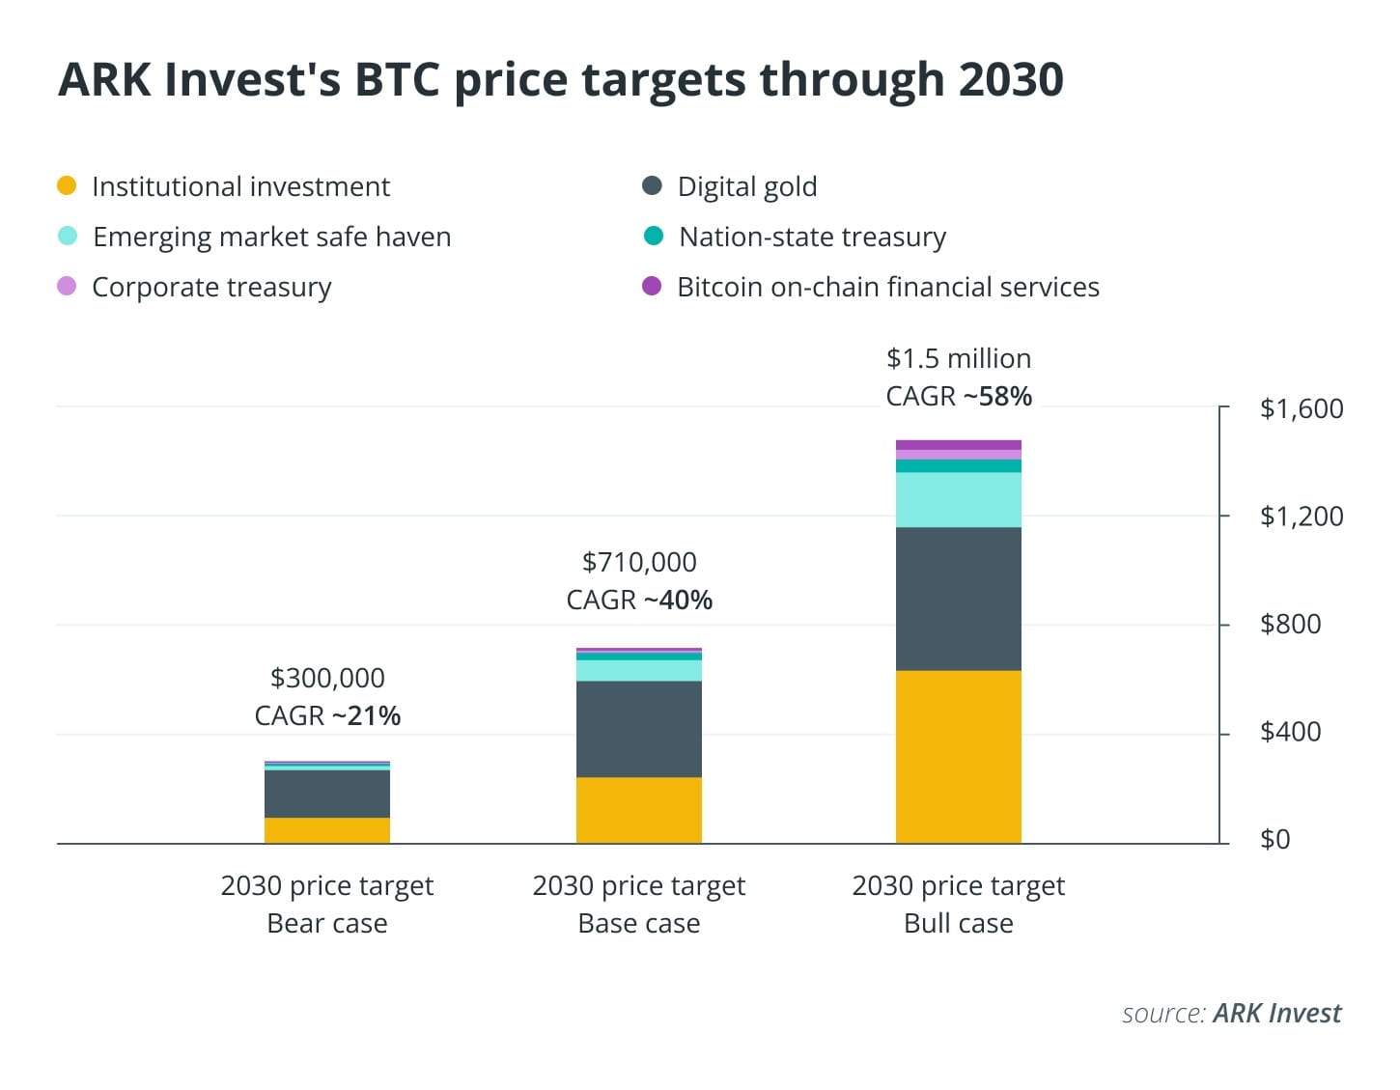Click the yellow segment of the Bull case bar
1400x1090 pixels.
click(x=958, y=756)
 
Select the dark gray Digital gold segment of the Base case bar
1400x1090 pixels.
click(x=638, y=729)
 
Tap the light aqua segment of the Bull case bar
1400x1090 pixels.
click(x=958, y=499)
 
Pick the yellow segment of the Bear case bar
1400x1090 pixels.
click(x=327, y=830)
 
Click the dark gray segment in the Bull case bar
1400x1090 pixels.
click(x=958, y=599)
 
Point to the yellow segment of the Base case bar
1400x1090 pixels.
click(x=638, y=810)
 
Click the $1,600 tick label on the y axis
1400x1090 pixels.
click(x=1301, y=408)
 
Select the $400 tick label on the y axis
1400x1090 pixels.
click(x=1290, y=732)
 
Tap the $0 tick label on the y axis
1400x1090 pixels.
click(x=1274, y=839)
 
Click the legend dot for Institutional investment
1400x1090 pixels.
click(x=67, y=185)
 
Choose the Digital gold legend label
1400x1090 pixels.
click(x=746, y=186)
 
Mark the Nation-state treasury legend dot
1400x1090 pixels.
click(x=653, y=236)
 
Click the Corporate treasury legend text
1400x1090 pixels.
click(x=211, y=287)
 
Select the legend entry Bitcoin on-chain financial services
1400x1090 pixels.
click(x=887, y=287)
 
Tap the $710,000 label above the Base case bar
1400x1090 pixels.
click(x=639, y=562)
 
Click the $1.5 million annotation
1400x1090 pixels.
click(x=958, y=358)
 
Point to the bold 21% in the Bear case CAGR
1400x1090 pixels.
click(x=374, y=715)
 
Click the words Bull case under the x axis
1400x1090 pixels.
click(x=958, y=923)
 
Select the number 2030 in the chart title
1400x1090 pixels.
click(x=1011, y=79)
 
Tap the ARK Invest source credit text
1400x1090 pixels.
click(x=1276, y=1013)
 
